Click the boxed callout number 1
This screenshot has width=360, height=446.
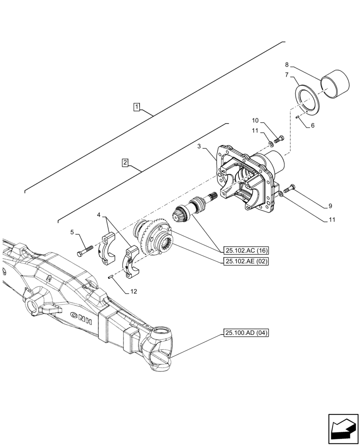click(x=137, y=107)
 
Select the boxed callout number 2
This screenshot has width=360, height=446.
click(x=126, y=163)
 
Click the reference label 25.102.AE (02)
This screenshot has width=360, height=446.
click(x=246, y=262)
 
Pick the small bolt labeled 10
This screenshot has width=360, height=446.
click(x=278, y=139)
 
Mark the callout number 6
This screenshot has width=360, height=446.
click(x=312, y=126)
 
